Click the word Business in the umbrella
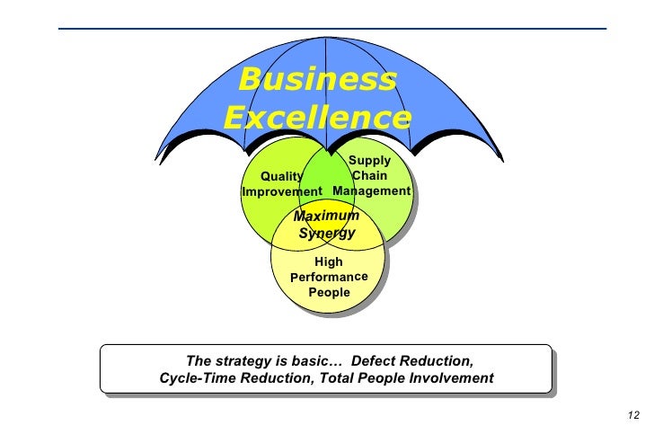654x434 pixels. (316, 80)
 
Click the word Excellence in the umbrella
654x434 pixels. (316, 118)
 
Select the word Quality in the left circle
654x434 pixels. (280, 177)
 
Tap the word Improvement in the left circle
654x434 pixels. (282, 192)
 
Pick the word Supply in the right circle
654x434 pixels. (369, 161)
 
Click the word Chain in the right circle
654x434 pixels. (370, 176)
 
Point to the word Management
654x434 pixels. (371, 191)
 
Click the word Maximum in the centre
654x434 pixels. (327, 217)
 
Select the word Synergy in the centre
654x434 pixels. (327, 234)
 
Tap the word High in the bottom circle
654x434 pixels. (329, 262)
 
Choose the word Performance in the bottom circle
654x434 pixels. (329, 278)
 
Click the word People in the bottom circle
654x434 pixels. (329, 293)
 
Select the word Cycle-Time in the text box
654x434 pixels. (194, 378)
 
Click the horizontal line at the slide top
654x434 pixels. (332, 29)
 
